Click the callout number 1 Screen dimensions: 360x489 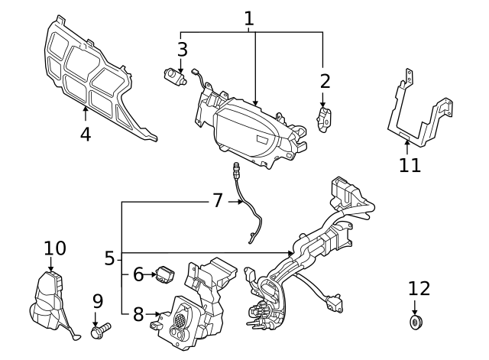point(250,18)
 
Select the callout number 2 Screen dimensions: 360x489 point(325,80)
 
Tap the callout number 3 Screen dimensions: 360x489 point(182,50)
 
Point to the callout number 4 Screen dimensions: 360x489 point(85,135)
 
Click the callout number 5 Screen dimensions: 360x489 point(109,259)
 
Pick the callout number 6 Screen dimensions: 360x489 point(138,274)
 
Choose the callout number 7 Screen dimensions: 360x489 point(218,201)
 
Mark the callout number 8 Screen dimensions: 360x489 point(138,313)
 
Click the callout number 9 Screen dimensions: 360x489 point(98,302)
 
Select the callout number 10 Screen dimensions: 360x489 point(55,248)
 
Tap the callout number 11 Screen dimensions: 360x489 point(410,165)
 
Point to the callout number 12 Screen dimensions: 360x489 point(419,289)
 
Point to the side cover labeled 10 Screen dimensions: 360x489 point(50,301)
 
